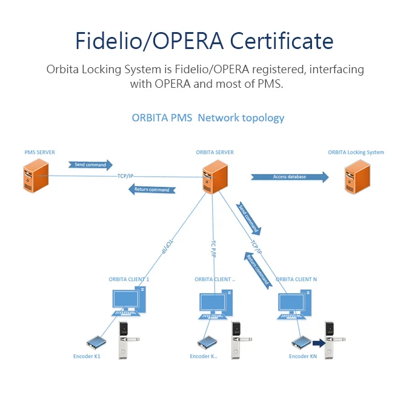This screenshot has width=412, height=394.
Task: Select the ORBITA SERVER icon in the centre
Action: tap(212, 175)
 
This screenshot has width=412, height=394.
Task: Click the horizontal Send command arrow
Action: tap(90, 165)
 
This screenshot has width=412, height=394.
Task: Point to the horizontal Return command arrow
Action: tap(151, 190)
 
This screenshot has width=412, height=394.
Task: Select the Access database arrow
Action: tap(290, 177)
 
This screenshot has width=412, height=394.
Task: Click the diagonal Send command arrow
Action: tap(249, 218)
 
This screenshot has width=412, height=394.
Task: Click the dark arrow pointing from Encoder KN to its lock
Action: tap(318, 343)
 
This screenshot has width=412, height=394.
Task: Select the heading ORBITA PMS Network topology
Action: tap(208, 117)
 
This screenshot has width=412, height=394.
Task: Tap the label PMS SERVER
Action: tap(40, 153)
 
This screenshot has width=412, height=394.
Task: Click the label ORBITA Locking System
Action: tap(356, 153)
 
